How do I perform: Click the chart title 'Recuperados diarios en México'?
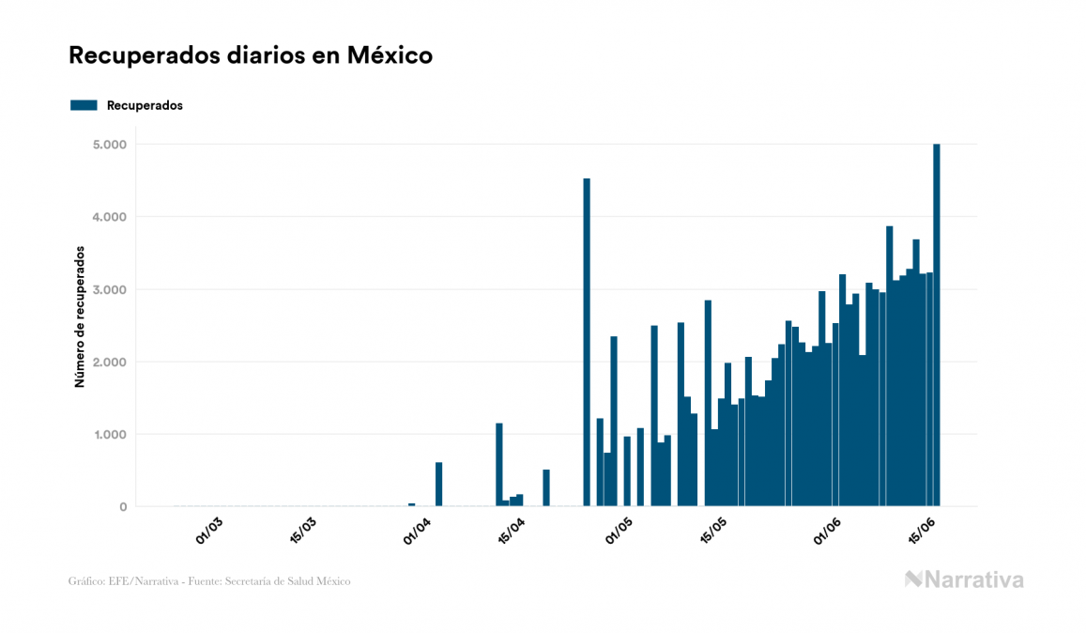[251, 55]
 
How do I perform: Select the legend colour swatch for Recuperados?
[84, 105]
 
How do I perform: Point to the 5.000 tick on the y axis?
[111, 145]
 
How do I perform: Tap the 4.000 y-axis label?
[111, 217]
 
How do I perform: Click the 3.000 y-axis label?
[111, 289]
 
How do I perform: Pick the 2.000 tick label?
[111, 362]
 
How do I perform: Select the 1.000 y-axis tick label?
[111, 435]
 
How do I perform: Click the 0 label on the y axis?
[122, 507]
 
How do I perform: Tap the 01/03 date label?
[209, 531]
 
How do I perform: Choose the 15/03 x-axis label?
[304, 531]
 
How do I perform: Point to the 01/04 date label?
[418, 531]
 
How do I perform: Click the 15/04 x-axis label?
[512, 531]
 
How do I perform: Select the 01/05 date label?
[620, 531]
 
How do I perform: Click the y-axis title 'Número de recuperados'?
[80, 317]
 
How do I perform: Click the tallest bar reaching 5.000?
[937, 325]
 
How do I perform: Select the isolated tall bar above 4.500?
[587, 342]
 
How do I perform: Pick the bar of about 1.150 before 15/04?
[499, 465]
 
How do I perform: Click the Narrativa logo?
[964, 579]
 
